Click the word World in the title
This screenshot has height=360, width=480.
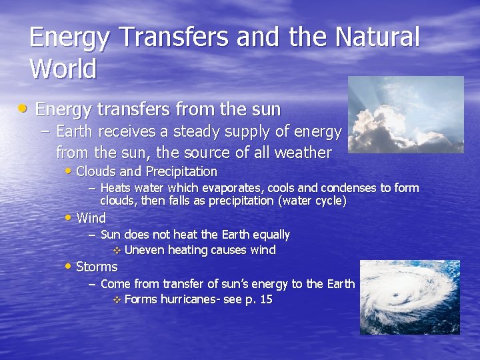coord(63,68)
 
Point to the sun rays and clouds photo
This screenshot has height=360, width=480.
coord(406,115)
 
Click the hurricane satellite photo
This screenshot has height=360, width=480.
coord(409,297)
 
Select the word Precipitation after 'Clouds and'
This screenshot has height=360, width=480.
coord(181,171)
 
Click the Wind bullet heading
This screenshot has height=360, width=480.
coord(91,218)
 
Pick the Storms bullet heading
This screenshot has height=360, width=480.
coord(97,267)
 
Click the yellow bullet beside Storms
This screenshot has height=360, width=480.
coord(69,267)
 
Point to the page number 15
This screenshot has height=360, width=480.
coord(266,299)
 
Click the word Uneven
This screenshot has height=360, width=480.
coord(145,250)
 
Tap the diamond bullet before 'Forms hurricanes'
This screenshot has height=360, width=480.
coord(117,300)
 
